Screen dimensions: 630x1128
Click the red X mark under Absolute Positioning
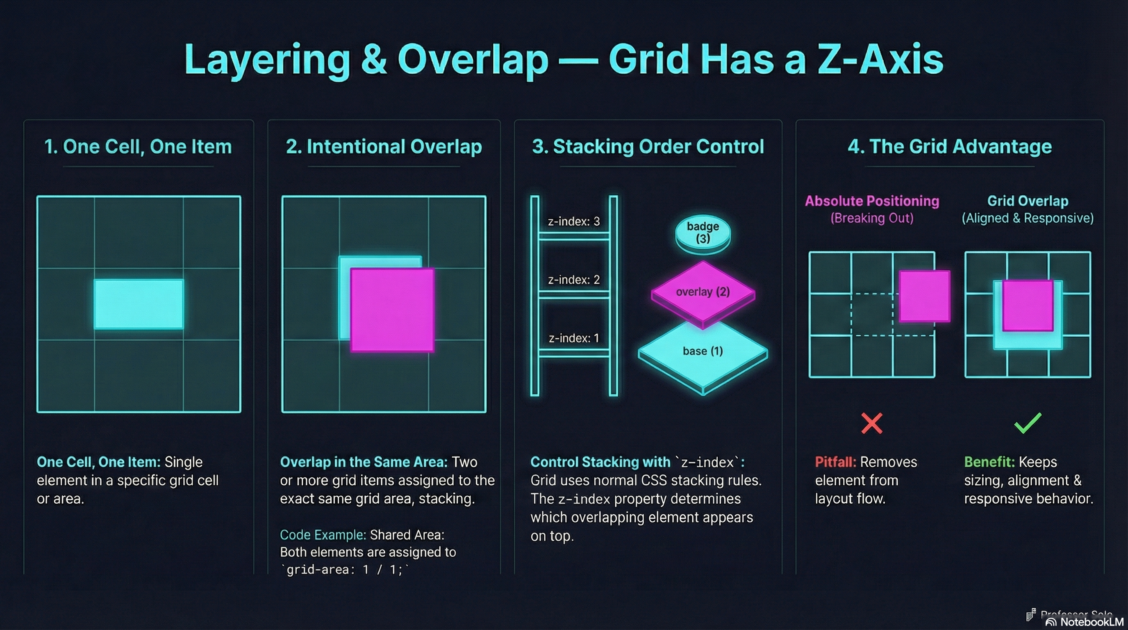871,423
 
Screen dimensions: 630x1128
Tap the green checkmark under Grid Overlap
1027,423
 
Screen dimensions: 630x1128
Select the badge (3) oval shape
703,233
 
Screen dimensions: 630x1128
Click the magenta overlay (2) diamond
703,292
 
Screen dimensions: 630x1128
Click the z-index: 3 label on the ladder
574,221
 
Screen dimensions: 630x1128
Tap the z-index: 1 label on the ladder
574,338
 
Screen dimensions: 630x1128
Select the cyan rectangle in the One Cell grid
139,304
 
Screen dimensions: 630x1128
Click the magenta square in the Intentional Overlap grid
392,310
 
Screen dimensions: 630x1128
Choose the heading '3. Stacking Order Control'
648,146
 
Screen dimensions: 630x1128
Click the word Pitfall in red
835,462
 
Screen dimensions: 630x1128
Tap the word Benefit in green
989,462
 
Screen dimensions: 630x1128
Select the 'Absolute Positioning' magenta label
871,201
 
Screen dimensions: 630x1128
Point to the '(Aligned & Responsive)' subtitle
1027,218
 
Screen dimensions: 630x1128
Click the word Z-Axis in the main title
880,60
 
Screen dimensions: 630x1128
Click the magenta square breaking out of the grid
924,296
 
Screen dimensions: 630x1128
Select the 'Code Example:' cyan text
323,535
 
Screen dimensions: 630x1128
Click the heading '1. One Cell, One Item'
138,146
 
